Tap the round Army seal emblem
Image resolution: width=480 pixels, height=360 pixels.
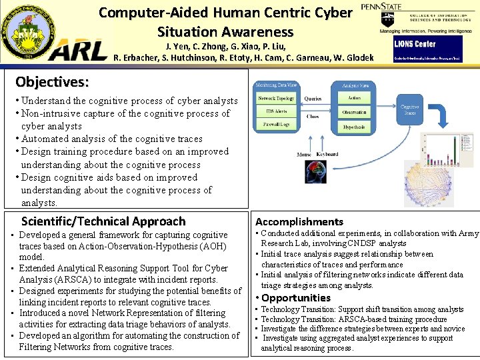27,30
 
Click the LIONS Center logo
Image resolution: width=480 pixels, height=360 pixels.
415,44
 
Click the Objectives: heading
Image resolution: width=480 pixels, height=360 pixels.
52,82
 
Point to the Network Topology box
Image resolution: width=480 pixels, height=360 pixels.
277,99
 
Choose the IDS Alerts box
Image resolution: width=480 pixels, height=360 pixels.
277,111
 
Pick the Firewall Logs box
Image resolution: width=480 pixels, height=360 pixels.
277,124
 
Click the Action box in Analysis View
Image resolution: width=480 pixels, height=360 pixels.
354,99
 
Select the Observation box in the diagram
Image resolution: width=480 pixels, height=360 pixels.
354,113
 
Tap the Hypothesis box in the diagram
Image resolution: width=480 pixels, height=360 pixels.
354,127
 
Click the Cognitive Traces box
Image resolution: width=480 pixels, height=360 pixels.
409,111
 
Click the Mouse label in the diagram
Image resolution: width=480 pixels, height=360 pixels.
304,154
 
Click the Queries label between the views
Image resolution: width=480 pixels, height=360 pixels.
313,99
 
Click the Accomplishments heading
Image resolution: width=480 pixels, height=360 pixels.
299,221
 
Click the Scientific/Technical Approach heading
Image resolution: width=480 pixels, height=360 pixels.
103,221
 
